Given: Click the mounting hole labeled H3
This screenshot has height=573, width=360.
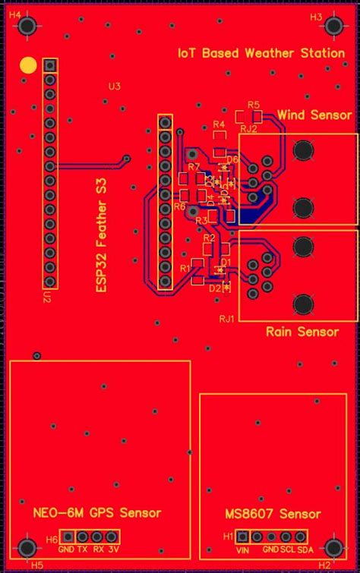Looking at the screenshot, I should (332, 26).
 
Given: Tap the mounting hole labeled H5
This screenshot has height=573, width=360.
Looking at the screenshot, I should (28, 547).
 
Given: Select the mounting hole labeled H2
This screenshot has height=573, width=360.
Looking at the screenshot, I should (333, 547).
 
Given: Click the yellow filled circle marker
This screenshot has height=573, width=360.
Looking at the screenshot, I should (27, 65).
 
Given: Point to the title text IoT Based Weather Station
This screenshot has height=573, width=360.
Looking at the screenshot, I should (260, 54).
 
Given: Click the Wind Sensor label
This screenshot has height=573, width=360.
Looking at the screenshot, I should (314, 115).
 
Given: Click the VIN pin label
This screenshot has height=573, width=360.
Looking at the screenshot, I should (244, 549).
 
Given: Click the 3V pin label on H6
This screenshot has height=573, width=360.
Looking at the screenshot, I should (113, 549).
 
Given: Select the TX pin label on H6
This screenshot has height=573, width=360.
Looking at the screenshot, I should (82, 549).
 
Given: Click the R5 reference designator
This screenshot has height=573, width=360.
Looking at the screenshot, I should (254, 104).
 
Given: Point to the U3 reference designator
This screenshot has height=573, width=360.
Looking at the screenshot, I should (114, 87).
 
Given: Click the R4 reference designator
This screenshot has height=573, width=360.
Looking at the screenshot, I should (219, 123).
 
